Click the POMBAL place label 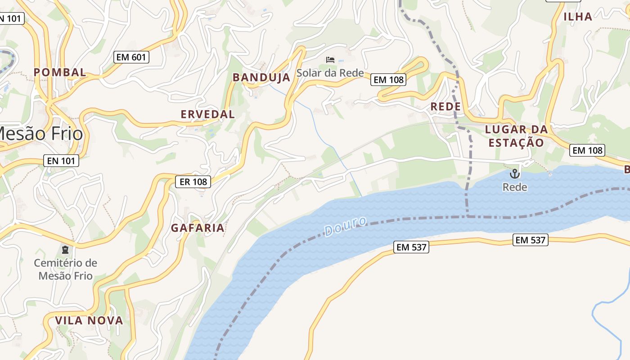(60, 72)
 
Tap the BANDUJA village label (261, 77)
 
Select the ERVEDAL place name (207, 114)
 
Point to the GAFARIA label (198, 228)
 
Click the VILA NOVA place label (89, 321)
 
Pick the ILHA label (578, 17)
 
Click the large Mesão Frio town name (40, 134)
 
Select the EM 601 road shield (130, 57)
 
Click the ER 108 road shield (193, 181)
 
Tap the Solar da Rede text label (330, 73)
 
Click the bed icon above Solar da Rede (330, 59)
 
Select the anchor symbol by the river (514, 174)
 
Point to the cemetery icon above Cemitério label (65, 249)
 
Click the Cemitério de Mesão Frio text (66, 269)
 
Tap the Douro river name (346, 226)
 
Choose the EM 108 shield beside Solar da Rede (389, 80)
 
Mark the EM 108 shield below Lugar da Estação (587, 150)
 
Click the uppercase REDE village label (445, 107)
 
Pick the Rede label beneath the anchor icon (515, 187)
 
